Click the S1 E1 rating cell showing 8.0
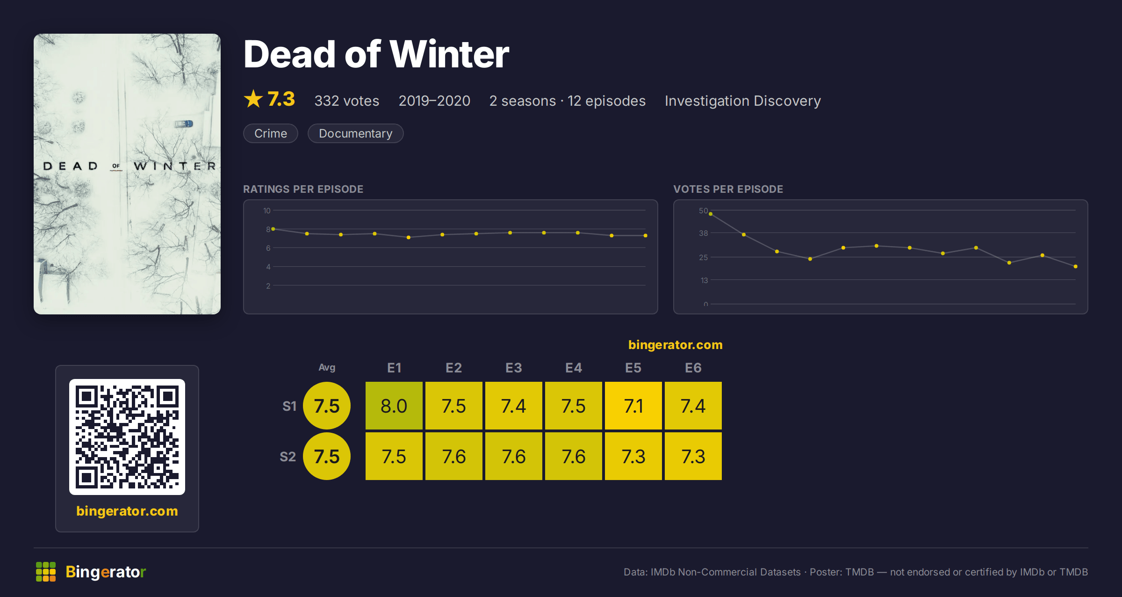pyautogui.click(x=394, y=405)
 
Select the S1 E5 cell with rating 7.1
pyautogui.click(x=633, y=405)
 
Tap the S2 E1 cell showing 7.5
pyautogui.click(x=394, y=456)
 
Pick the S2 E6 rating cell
pyautogui.click(x=693, y=456)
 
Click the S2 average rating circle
pyautogui.click(x=326, y=456)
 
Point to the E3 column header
pyautogui.click(x=513, y=368)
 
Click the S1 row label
pyautogui.click(x=289, y=406)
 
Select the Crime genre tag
pyautogui.click(x=270, y=133)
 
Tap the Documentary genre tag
pyautogui.click(x=355, y=133)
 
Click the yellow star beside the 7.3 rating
pyautogui.click(x=253, y=99)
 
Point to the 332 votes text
pyautogui.click(x=346, y=101)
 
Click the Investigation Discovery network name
pyautogui.click(x=742, y=101)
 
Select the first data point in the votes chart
pyautogui.click(x=711, y=214)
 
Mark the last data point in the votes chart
pyautogui.click(x=1075, y=266)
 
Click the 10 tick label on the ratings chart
pyautogui.click(x=266, y=211)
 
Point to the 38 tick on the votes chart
pyautogui.click(x=703, y=233)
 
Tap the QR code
pyautogui.click(x=127, y=437)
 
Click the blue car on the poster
pyautogui.click(x=184, y=124)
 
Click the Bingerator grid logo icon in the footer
pyautogui.click(x=46, y=572)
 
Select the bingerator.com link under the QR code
pyautogui.click(x=127, y=510)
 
